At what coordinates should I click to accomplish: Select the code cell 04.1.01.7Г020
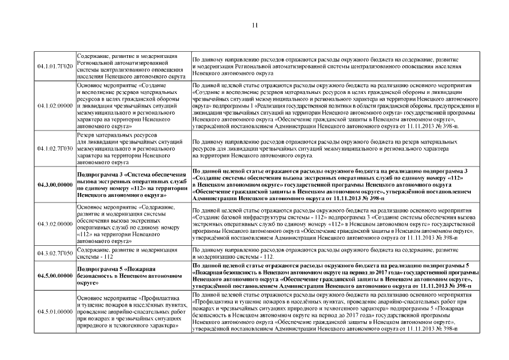[x=55, y=66]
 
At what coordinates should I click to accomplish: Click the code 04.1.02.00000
[x=55, y=105]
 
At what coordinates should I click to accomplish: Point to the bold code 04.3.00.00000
[x=55, y=184]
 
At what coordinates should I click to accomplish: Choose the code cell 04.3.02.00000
[x=55, y=224]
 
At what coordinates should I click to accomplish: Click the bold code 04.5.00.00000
[x=55, y=276]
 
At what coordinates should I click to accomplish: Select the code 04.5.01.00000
[x=55, y=311]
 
